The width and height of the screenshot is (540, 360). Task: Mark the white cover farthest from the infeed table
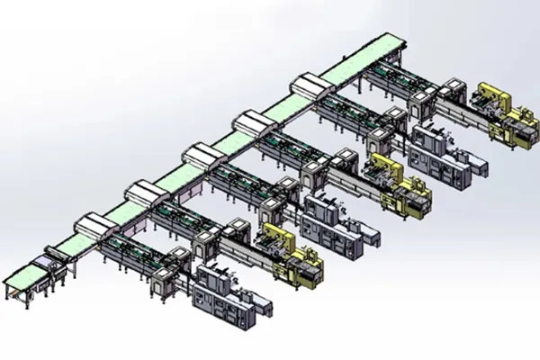(311, 87)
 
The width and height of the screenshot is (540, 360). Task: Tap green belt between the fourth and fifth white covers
(283, 105)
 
